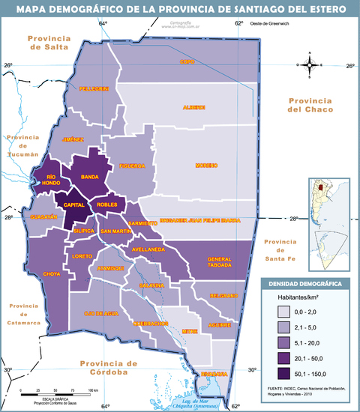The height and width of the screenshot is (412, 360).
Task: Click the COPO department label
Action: point(187,61)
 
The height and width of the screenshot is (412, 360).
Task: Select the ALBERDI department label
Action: point(194,107)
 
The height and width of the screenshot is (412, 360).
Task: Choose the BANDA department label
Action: point(89,177)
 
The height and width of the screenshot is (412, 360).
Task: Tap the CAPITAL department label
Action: point(73,204)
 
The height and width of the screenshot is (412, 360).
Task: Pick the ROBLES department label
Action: point(107,204)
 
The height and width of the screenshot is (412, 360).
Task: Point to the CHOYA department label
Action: point(52,274)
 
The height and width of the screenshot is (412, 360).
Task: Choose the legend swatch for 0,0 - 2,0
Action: point(283,310)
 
